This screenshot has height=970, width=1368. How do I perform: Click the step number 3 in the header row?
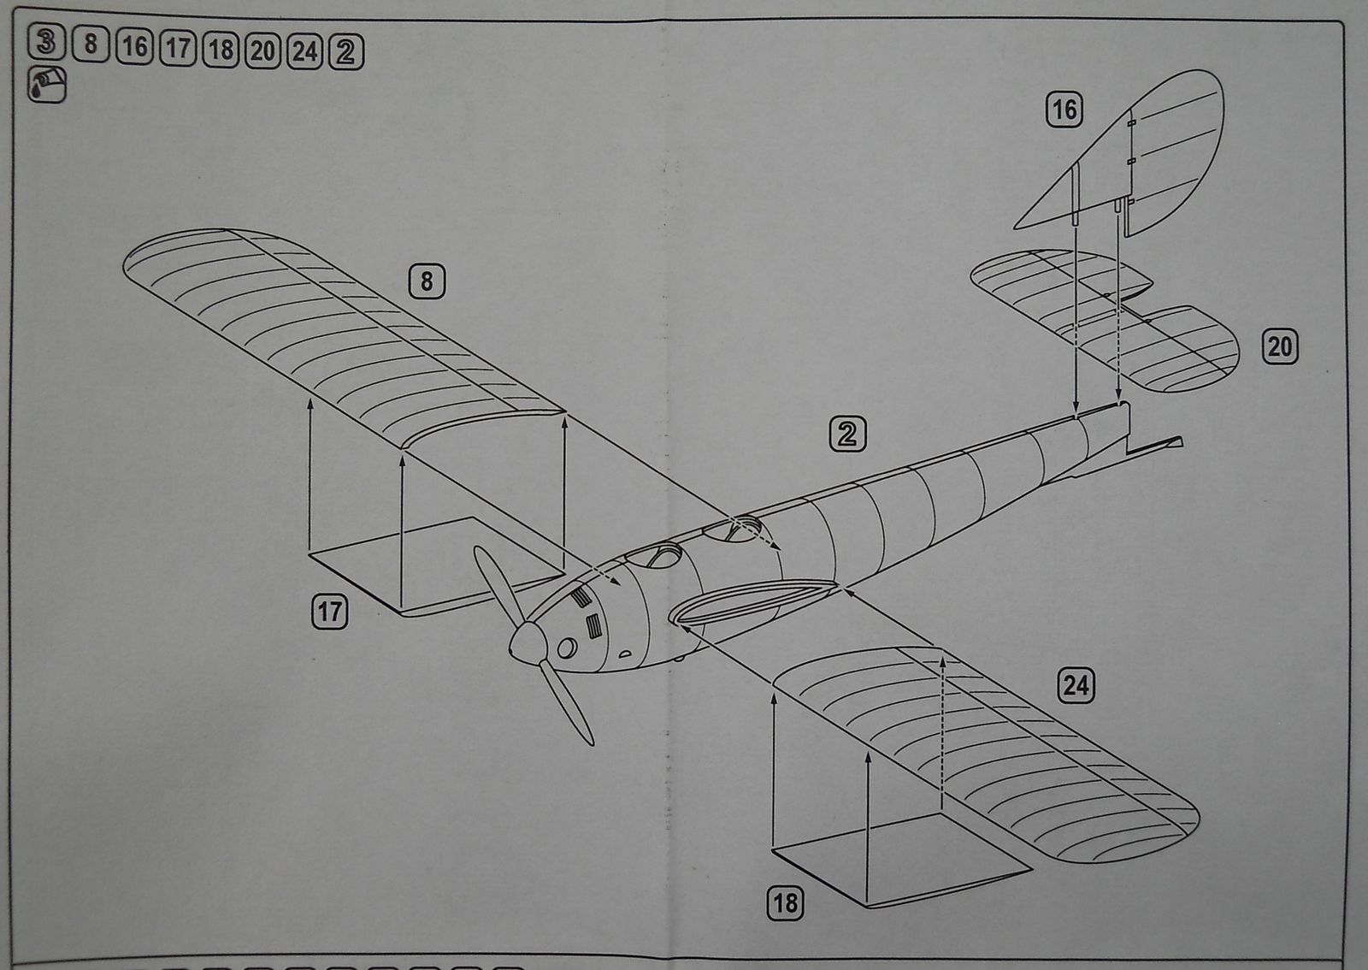tap(46, 42)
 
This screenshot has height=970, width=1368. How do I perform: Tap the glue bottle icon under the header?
tap(47, 85)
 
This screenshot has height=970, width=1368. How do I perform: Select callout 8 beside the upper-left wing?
tap(427, 281)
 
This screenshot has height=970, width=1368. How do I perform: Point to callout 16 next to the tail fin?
tap(1064, 109)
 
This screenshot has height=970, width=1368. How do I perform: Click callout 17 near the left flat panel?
tap(330, 612)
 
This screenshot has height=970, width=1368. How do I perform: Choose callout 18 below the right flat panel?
tap(785, 903)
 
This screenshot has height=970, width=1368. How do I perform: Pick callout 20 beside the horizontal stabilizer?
tap(1279, 346)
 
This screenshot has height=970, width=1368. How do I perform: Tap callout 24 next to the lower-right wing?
tap(1076, 685)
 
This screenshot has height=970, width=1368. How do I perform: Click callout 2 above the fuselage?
tap(847, 434)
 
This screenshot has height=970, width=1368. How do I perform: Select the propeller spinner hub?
tap(527, 641)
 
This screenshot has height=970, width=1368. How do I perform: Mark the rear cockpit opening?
tap(733, 529)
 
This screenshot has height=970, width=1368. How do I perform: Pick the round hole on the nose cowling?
tap(566, 648)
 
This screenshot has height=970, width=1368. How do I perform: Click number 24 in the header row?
tap(304, 50)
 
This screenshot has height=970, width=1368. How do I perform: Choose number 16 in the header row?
tap(134, 46)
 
